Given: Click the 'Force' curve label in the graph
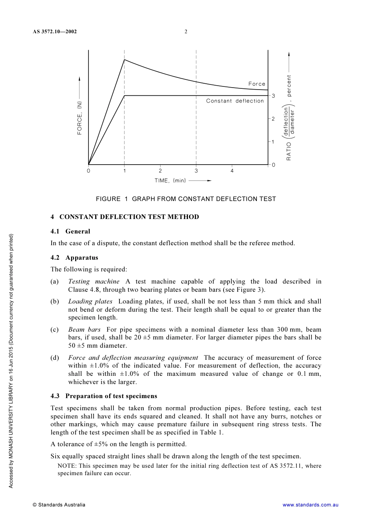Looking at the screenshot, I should (256, 84).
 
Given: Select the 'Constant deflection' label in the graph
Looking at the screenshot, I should (235, 101).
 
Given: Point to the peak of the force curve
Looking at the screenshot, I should (125, 59).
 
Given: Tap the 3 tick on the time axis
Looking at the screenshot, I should (196, 171).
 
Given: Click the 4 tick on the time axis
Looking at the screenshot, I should (232, 171).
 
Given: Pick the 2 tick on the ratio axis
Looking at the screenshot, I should (273, 119).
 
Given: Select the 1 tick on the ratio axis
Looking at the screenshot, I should (273, 142).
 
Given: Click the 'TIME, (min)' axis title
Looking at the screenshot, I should (170, 181).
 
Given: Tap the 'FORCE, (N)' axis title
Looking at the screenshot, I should (80, 118).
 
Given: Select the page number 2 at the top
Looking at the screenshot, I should (186, 32).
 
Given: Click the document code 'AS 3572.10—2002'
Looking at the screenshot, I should (55, 32).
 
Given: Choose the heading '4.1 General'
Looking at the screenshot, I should (70, 231).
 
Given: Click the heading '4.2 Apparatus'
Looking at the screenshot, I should (74, 257).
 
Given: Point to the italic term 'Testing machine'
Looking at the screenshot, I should (94, 281).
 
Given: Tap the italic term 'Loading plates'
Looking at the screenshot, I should (90, 301).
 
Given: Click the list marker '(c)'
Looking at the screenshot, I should (55, 329).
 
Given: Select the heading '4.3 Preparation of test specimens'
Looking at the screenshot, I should (104, 396).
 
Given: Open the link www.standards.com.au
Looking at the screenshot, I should (310, 505).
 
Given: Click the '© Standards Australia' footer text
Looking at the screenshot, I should (59, 505).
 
